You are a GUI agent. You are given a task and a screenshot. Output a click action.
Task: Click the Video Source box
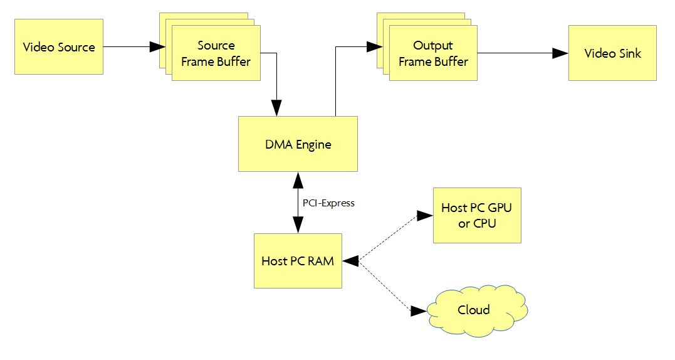(x=59, y=47)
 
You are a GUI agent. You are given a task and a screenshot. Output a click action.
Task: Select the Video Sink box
(x=612, y=53)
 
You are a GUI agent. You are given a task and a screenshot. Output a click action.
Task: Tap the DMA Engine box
(x=298, y=144)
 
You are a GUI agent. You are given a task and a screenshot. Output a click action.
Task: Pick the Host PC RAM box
(x=298, y=261)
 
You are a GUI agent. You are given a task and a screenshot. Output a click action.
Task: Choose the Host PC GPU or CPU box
(x=477, y=215)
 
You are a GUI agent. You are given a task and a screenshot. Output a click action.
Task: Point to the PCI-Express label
(x=328, y=203)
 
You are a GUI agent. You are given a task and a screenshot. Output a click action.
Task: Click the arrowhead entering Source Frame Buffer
(x=157, y=46)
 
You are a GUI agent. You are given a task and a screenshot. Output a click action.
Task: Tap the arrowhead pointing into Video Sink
(x=560, y=53)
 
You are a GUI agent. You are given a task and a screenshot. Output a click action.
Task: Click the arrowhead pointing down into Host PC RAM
(x=298, y=226)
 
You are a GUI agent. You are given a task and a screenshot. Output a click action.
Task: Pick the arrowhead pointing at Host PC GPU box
(x=426, y=216)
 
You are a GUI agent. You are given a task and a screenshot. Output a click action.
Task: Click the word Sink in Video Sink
(x=629, y=53)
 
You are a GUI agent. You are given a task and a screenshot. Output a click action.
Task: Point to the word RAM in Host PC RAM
(x=322, y=261)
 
